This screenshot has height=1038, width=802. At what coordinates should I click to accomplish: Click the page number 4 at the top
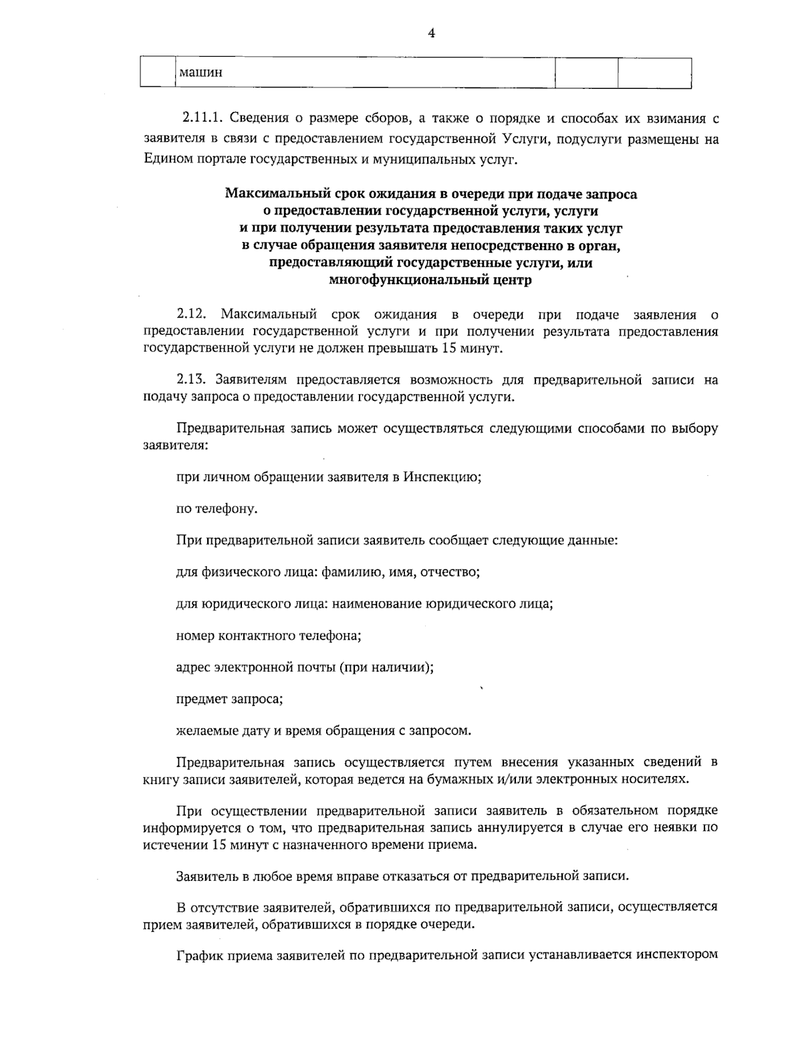(x=431, y=33)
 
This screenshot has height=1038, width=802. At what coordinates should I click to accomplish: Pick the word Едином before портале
(x=163, y=159)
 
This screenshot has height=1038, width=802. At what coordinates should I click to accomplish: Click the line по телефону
(x=217, y=509)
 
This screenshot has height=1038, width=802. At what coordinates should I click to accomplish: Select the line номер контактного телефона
(x=269, y=636)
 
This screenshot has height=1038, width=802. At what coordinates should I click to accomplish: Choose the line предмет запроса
(x=229, y=700)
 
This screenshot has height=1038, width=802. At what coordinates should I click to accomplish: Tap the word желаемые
(x=205, y=731)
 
